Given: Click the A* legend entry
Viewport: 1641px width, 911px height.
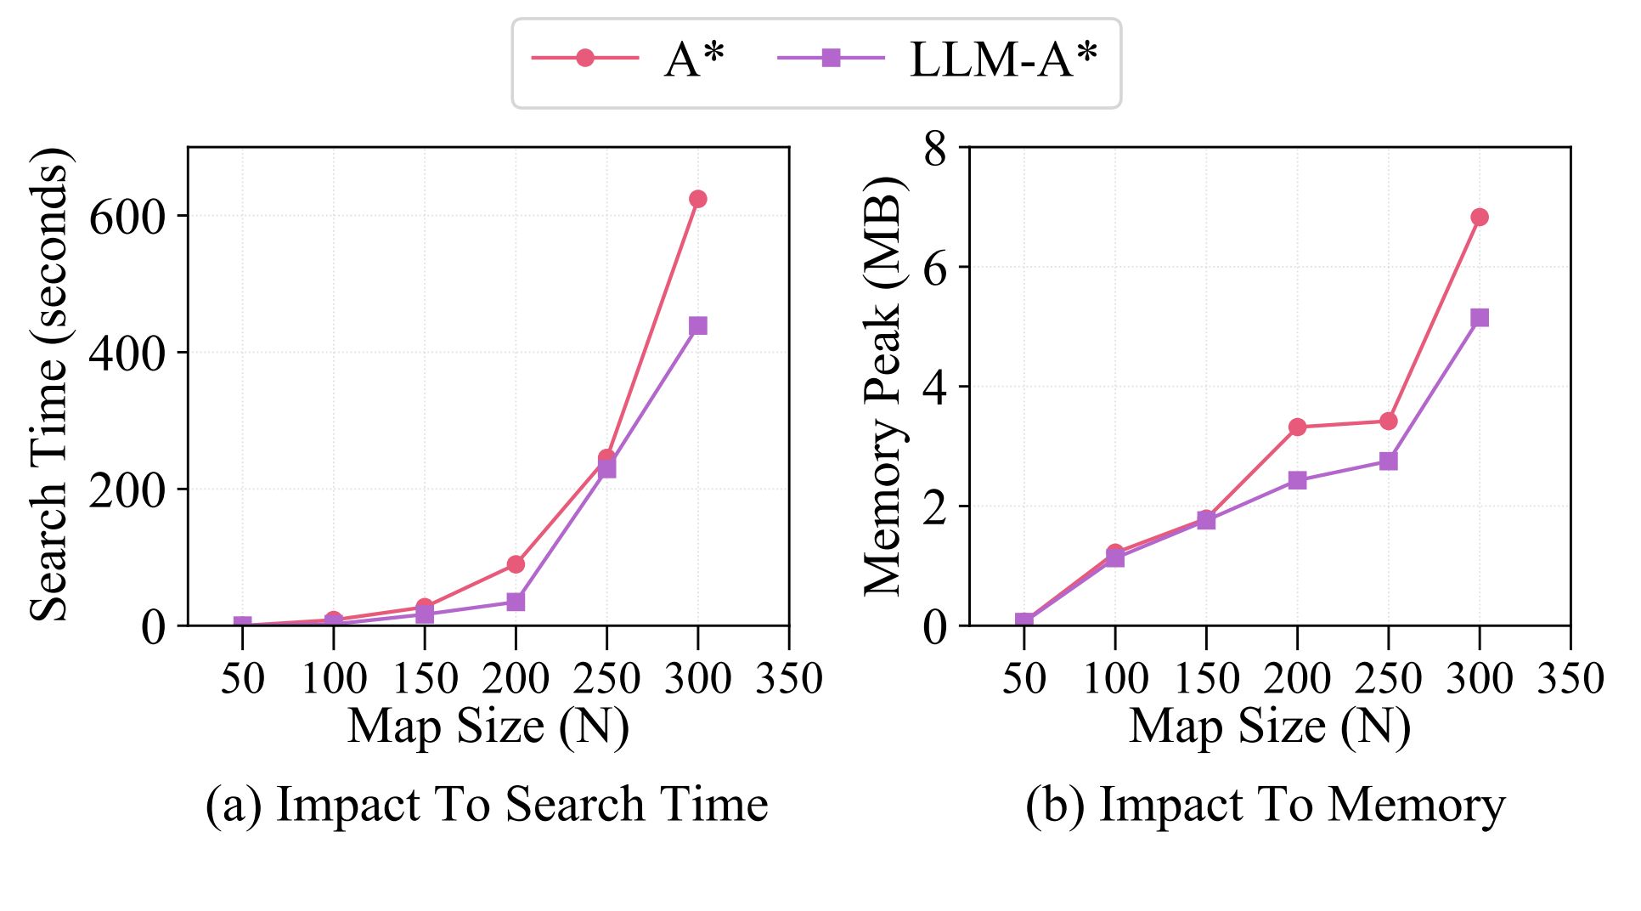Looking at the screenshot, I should point(629,59).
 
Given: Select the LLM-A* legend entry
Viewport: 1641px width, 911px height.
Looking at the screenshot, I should point(938,59).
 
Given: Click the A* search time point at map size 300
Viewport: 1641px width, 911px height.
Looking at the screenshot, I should point(698,199).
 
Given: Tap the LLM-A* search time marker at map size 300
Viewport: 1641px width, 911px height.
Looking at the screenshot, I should point(698,325).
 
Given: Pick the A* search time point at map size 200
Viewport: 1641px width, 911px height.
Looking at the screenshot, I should point(516,564).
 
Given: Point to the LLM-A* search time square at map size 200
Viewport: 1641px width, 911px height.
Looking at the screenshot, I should point(516,602).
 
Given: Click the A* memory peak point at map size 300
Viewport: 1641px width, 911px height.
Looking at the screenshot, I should point(1480,217).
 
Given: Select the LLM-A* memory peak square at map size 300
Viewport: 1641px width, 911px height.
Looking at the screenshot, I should point(1480,318).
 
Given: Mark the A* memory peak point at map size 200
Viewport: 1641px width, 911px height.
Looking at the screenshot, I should point(1297,427).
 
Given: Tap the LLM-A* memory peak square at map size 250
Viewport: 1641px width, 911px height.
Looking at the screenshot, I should point(1389,461).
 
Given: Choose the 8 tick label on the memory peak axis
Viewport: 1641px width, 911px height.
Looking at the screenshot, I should point(934,150).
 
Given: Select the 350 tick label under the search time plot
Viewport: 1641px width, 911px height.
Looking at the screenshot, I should point(789,679).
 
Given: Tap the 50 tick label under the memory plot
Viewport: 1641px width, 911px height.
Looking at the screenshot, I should point(1024,679).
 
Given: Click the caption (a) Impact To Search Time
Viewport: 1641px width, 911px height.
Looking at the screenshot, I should point(487,804).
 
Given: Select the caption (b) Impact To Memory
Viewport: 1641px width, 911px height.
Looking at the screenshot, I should point(1265,804).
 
